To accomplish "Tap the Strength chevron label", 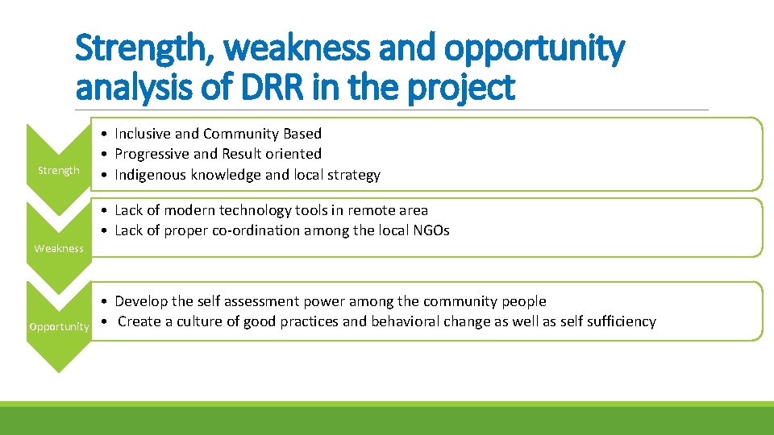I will click(x=59, y=170).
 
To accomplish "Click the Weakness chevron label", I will click(x=59, y=248).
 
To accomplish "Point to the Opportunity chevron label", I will click(x=59, y=326).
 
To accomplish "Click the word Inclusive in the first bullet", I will click(x=143, y=134).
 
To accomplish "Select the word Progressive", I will click(x=152, y=154).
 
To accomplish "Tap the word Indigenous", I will click(x=152, y=175).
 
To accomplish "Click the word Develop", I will click(x=141, y=301).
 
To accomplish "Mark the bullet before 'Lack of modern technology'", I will click(x=106, y=210).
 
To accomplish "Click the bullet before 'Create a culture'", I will click(x=106, y=321).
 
